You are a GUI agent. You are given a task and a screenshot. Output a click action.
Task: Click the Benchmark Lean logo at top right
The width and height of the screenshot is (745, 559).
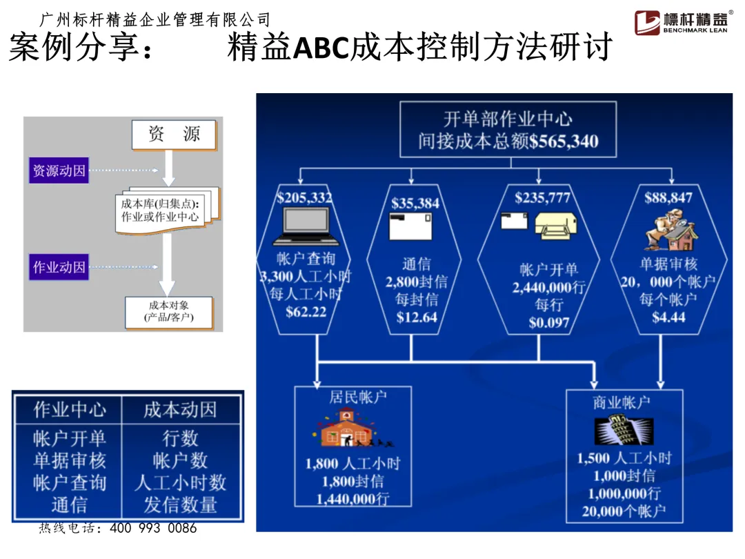coord(684,23)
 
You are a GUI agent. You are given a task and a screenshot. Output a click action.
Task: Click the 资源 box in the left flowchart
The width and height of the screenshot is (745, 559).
coord(174,135)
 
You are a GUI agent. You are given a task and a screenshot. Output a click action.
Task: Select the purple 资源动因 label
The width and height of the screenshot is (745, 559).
coord(59,170)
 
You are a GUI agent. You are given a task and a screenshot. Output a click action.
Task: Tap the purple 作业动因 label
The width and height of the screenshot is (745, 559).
coord(59,267)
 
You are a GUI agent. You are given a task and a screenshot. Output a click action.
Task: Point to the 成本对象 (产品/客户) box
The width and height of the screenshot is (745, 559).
coord(168,311)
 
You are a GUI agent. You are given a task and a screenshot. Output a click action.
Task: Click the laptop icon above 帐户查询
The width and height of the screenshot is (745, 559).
coord(307,226)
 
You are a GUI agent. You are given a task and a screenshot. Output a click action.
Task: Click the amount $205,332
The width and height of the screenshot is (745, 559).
coord(304,198)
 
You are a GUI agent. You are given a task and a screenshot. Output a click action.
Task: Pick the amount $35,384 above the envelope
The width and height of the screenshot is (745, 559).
coord(415,203)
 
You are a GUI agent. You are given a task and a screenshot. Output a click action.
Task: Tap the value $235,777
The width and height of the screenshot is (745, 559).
coord(543,198)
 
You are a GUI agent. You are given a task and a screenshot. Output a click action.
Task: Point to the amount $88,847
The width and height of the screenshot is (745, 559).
coord(668,198)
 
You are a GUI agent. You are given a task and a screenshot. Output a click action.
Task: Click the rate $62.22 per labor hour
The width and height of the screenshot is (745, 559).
coord(306,311)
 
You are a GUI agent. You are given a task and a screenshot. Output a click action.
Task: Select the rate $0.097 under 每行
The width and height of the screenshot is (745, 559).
coord(549,322)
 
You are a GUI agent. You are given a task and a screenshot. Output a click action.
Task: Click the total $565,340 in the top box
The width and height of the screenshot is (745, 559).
coord(564,142)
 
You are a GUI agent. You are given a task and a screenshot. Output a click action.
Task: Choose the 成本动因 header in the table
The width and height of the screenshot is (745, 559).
coord(180,410)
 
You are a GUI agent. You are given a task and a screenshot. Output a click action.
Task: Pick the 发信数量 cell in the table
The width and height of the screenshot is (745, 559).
coord(180,504)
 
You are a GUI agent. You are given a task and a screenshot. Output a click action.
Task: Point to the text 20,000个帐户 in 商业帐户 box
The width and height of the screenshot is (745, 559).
coord(624,512)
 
